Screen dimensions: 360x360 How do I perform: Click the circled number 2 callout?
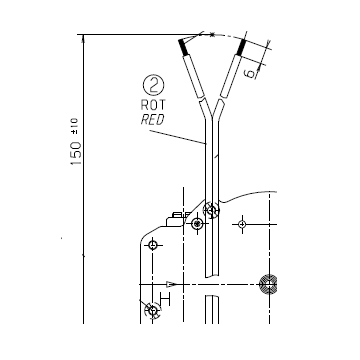click(154, 85)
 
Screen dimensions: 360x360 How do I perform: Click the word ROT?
click(153, 105)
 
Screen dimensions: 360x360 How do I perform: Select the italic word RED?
click(153, 120)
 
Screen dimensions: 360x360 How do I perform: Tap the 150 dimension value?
click(76, 153)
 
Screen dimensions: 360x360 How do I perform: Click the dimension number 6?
click(250, 73)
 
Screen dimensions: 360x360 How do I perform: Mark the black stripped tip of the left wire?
click(183, 47)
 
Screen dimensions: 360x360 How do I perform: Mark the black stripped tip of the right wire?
click(241, 47)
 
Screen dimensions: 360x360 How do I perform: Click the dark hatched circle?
click(268, 284)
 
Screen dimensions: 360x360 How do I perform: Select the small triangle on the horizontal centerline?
click(171, 284)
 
